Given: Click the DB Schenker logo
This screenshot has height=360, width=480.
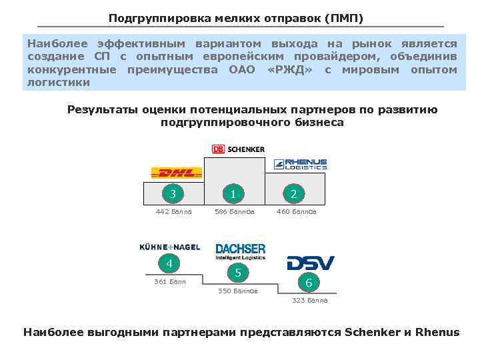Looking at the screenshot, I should click(238, 149).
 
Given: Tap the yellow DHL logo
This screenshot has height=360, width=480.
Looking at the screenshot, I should click(177, 173).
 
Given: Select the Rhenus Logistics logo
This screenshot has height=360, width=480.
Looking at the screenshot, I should click(301, 164).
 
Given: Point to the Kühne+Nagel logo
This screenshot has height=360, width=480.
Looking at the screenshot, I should click(169, 247).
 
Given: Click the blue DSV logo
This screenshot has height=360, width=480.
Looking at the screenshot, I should click(310, 263).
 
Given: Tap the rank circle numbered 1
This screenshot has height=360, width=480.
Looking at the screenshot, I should click(233, 195).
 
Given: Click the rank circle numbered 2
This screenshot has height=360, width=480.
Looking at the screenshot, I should click(293, 195).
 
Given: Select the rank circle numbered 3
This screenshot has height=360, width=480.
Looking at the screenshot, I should click(173, 195).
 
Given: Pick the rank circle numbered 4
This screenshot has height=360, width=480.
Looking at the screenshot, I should click(169, 263).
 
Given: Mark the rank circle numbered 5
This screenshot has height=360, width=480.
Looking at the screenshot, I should click(238, 273).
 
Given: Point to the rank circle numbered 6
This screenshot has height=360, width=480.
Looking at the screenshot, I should click(309, 283).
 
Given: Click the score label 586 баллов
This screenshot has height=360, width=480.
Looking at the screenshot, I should click(234, 212).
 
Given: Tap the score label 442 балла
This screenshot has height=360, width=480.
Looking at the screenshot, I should click(173, 212).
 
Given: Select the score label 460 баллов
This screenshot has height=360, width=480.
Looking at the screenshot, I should click(297, 212).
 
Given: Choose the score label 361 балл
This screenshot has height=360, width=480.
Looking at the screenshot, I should click(170, 281).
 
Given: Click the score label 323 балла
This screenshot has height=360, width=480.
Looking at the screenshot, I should click(310, 301).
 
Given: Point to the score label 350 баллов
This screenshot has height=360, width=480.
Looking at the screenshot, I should click(238, 291).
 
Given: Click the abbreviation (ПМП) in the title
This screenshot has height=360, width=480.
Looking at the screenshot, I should click(341, 17).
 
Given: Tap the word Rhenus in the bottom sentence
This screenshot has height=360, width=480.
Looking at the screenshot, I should click(437, 332).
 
